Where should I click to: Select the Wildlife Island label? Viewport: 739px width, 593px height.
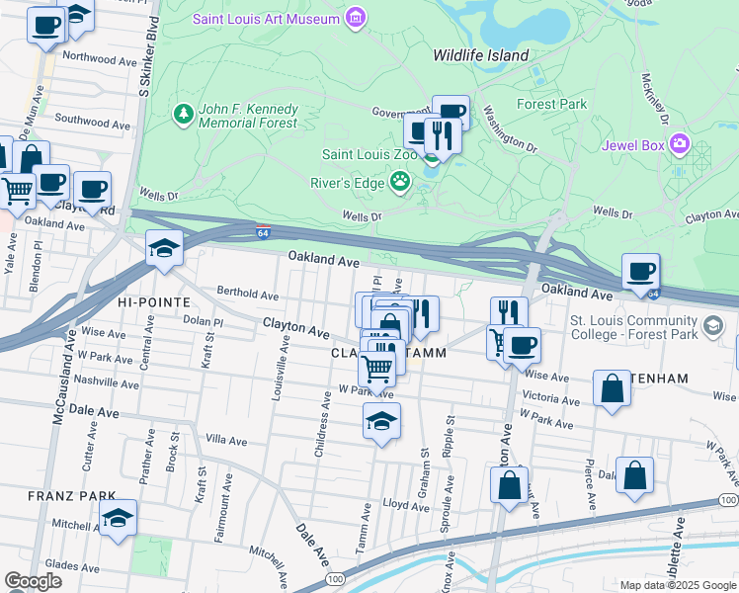tap(480, 55)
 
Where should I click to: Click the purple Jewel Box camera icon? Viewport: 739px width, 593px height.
tap(679, 145)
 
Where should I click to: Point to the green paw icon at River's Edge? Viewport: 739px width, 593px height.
tap(400, 181)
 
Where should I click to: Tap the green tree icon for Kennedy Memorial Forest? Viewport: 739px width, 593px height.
tap(183, 115)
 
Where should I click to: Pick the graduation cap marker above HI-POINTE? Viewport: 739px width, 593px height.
tap(165, 248)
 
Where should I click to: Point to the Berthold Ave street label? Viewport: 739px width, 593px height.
tap(248, 294)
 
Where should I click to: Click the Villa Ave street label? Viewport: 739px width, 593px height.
tap(225, 439)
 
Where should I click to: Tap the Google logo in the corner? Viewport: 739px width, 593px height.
tap(34, 581)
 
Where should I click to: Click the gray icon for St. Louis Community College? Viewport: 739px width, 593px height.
tap(712, 325)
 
